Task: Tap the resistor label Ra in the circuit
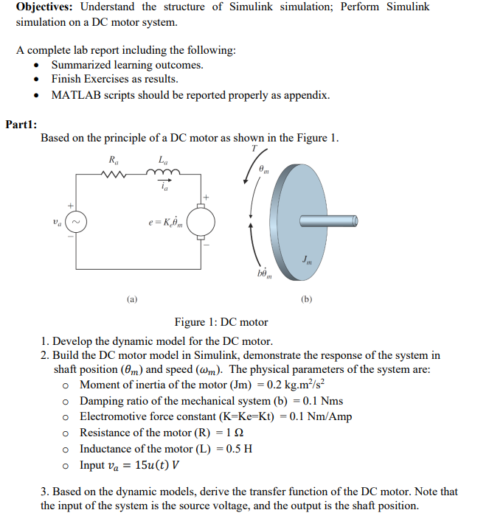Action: click(x=113, y=159)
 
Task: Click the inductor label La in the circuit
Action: click(x=162, y=159)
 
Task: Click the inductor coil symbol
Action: click(x=162, y=174)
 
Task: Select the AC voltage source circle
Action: click(x=77, y=221)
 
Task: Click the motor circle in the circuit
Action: click(x=201, y=221)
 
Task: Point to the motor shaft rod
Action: click(x=328, y=221)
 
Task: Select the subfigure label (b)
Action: click(x=307, y=299)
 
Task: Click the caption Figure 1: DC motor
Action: click(x=221, y=322)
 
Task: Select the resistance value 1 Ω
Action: click(x=235, y=433)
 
